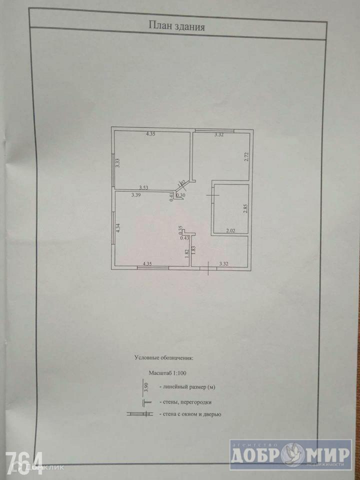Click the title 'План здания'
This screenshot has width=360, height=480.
point(176,25)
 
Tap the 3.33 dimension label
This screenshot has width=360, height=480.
point(117,163)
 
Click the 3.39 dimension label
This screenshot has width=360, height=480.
point(136,195)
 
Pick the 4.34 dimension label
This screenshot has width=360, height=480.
point(118,229)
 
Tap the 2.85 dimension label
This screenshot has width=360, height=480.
point(245,208)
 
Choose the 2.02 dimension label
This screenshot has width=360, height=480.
point(230,230)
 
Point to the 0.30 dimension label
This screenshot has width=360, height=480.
point(181,195)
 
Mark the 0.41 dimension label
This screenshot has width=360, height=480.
point(172,196)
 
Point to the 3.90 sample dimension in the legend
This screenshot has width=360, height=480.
point(146,386)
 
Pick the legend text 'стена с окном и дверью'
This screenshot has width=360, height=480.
point(190,414)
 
